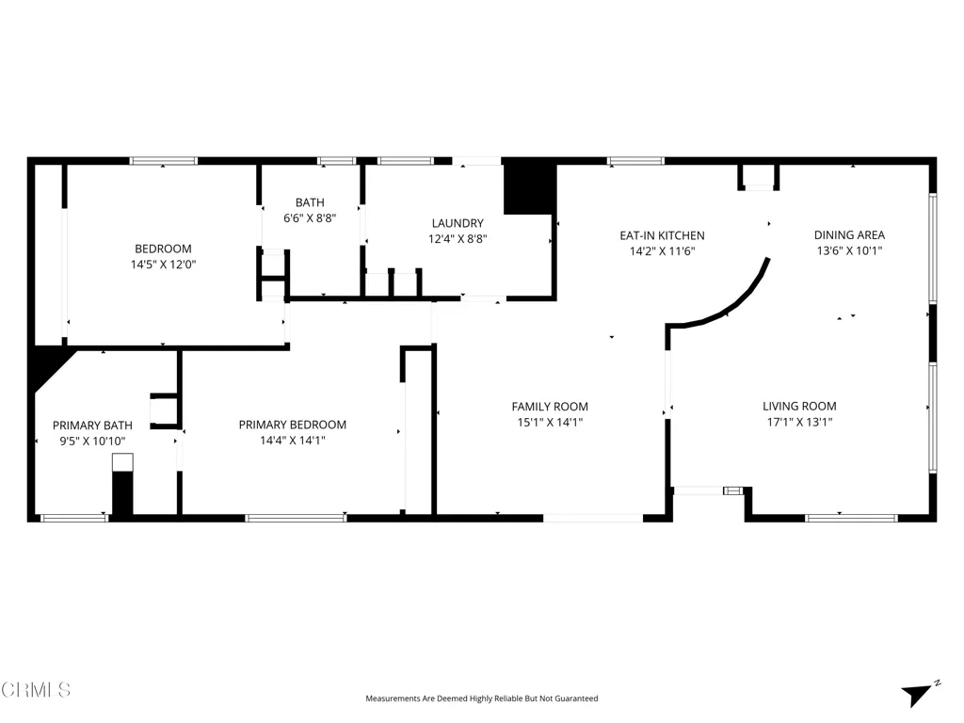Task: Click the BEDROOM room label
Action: (x=163, y=249)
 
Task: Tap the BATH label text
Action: (x=310, y=202)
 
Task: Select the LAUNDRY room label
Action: (x=458, y=223)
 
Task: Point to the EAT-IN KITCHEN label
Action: (x=662, y=235)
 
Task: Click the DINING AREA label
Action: (x=849, y=234)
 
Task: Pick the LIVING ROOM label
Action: (x=799, y=407)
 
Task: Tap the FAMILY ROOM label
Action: (x=550, y=407)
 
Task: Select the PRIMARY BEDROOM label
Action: (x=292, y=425)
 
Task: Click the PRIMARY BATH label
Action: (x=92, y=426)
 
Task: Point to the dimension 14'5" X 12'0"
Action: (x=163, y=265)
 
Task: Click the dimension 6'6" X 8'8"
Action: (x=310, y=217)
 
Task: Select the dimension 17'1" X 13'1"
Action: (x=799, y=422)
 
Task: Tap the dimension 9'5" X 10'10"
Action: (x=92, y=441)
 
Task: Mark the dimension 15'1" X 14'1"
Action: (x=550, y=422)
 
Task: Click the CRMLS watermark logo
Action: (x=36, y=690)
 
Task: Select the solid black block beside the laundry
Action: (x=530, y=186)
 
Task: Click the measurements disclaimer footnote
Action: (x=481, y=699)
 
